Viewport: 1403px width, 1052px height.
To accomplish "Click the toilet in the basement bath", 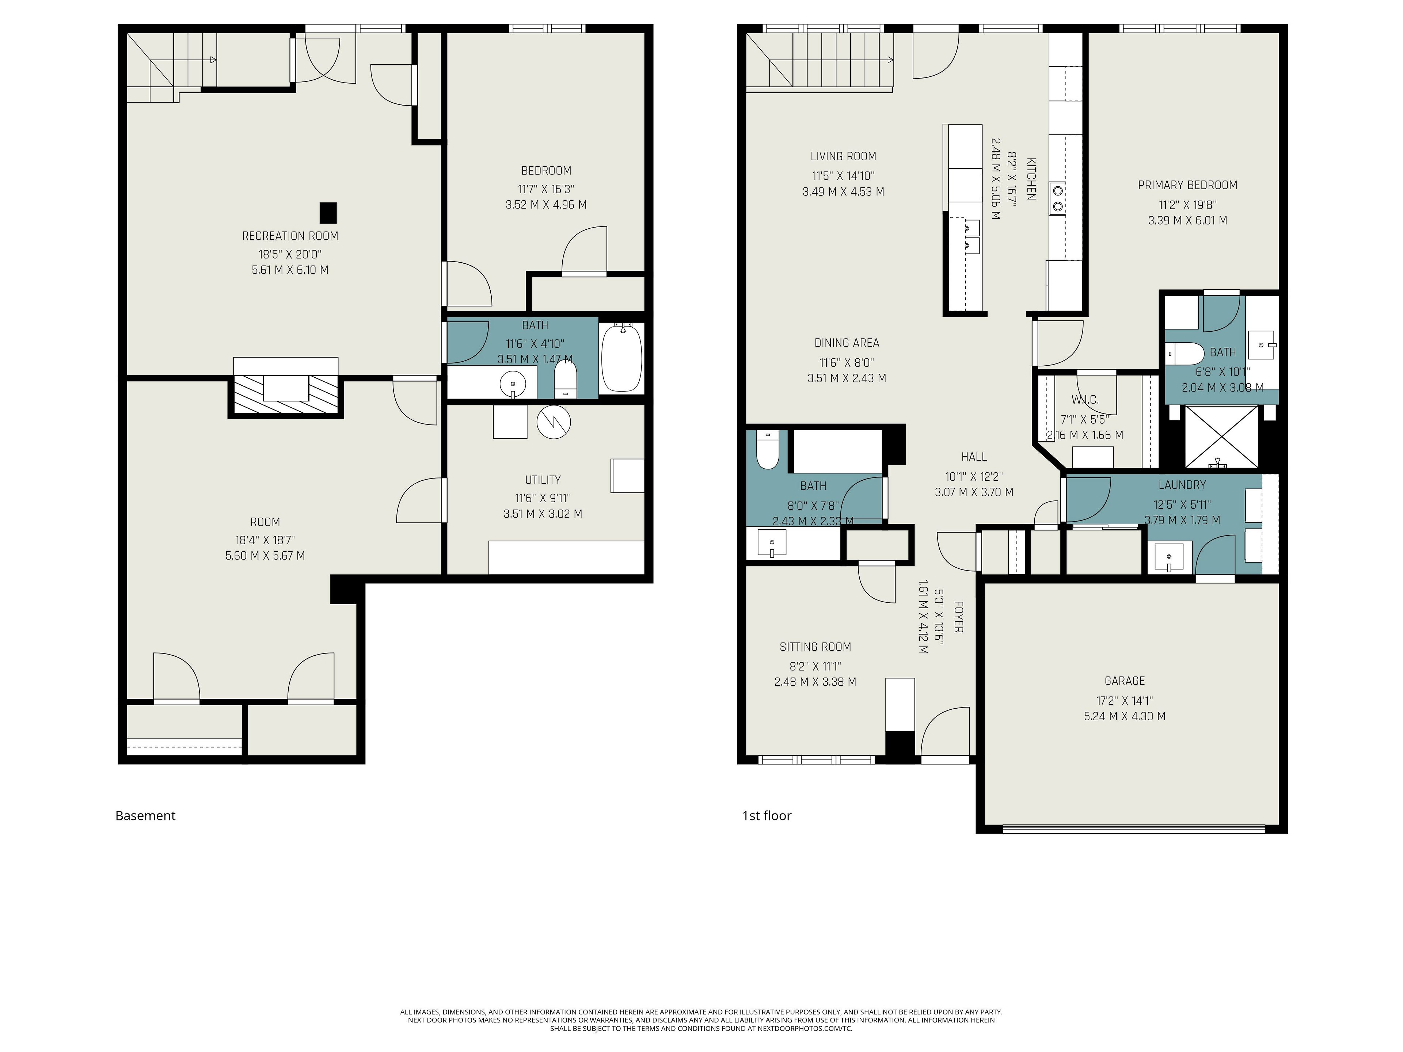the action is point(565,379).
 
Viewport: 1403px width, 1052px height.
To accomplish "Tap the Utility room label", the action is point(543,480).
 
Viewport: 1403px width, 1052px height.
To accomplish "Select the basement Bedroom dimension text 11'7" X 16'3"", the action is point(546,189).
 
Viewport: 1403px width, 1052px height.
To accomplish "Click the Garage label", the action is point(1125,681).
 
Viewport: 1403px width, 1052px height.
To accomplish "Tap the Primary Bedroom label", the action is point(1187,185).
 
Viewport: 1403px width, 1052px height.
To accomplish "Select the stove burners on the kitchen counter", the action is point(1057,198).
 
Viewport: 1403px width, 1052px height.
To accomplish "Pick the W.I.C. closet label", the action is point(1085,400).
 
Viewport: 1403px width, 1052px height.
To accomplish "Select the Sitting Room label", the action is point(815,647).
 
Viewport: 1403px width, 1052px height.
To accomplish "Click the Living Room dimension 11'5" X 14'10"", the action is point(843,176).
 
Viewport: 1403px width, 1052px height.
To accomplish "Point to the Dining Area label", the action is point(847,343).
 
